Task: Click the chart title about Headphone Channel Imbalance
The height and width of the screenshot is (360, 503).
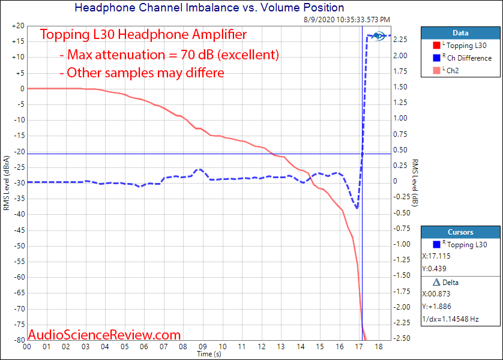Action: coord(209,8)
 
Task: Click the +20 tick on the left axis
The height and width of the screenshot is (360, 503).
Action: coord(17,26)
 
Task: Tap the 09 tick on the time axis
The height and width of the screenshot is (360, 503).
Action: coord(203,347)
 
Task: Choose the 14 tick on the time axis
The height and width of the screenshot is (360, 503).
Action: coord(301,347)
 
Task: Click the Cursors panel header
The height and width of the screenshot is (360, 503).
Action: coord(460,232)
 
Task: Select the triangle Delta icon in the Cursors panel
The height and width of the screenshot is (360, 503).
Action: coord(436,282)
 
